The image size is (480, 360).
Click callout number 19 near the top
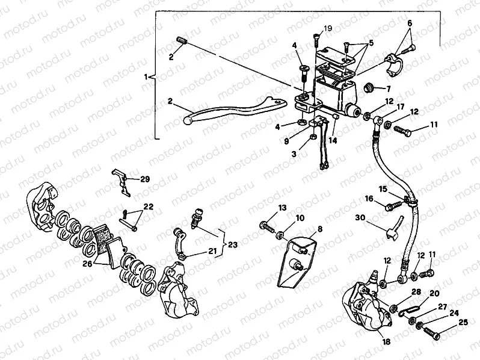tap(327, 28)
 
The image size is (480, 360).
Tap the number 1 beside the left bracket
tap(146, 78)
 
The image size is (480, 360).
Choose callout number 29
tap(145, 179)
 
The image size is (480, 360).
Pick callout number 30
tap(360, 218)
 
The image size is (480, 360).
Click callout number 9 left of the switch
tap(286, 140)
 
